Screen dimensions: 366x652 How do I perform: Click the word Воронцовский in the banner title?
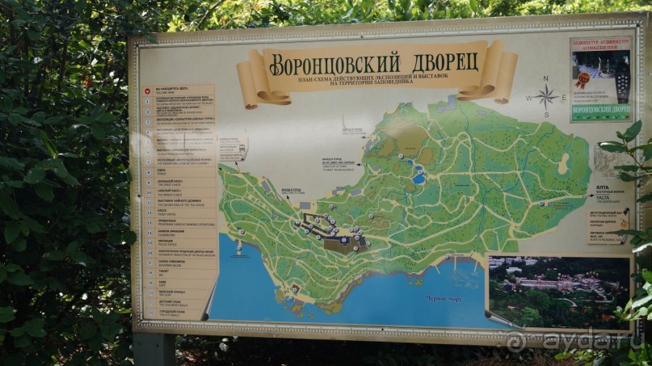click(334, 61)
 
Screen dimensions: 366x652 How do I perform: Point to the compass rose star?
click(546, 98)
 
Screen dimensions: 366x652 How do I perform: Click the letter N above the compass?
click(546, 79)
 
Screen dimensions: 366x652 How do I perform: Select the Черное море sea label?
click(446, 297)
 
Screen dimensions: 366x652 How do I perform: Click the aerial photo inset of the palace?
click(557, 291)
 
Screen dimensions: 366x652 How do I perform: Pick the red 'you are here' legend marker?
click(148, 92)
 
